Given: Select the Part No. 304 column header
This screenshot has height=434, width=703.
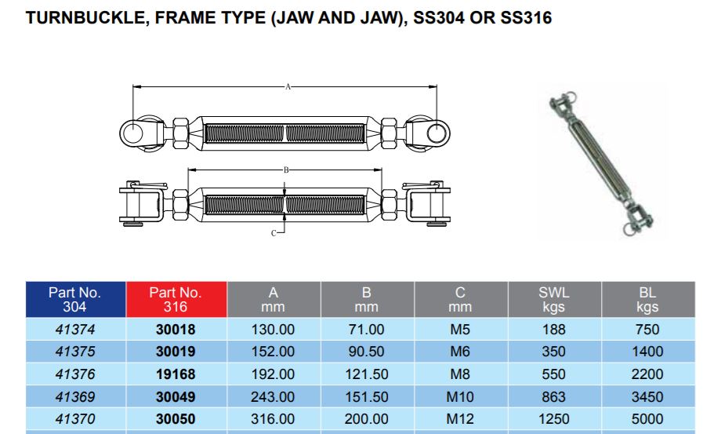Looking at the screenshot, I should pos(74,299).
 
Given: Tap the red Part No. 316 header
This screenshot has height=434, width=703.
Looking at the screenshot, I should pos(176,299).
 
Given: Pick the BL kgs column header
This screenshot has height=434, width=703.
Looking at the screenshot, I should pos(647,299).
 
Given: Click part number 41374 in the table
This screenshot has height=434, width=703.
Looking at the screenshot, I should pos(74,330).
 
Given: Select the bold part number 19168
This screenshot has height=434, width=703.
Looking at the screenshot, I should pos(176,374).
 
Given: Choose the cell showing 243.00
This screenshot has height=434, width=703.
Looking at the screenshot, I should pos(273,397).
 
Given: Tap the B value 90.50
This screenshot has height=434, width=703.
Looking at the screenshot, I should pos(366,352).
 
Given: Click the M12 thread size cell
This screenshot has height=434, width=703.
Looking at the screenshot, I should pos(460,419).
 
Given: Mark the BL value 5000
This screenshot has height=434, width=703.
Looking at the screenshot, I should pos(647,419).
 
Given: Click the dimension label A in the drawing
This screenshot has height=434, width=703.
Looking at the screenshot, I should pos(288,87).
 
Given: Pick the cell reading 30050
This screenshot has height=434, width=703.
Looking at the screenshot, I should pos(176,419).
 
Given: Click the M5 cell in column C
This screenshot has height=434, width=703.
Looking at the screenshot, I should pos(460,330).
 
